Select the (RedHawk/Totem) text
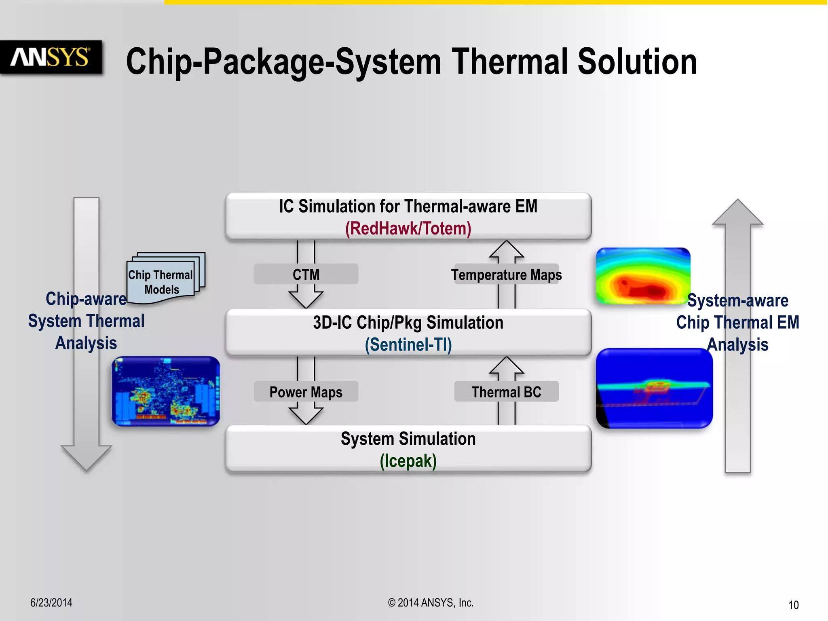coord(408,228)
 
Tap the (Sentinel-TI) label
coord(408,345)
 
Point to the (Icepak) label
coord(408,461)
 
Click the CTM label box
coord(306,275)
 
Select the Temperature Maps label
coord(506,275)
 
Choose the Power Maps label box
coord(306,392)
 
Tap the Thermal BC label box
coord(506,392)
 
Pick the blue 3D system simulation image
coord(654,388)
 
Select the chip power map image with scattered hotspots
coord(166,391)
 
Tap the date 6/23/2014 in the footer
coord(51,602)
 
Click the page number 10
coord(793,605)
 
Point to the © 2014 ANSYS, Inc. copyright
coord(431,602)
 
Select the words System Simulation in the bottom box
coord(408,439)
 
